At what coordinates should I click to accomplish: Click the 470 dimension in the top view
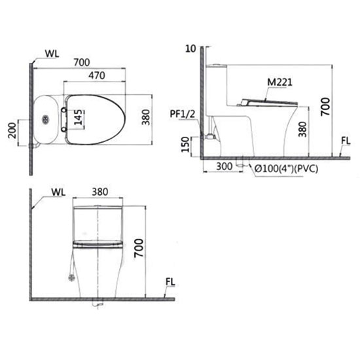pos(97,75)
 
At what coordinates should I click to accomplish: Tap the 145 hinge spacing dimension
pos(79,117)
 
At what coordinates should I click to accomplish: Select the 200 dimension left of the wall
pos(12,130)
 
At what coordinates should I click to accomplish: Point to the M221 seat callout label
pos(280,82)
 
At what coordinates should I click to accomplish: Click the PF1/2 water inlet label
pos(183,114)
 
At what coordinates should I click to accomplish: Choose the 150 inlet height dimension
pos(185,145)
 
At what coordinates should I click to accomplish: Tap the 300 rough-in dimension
pos(225,166)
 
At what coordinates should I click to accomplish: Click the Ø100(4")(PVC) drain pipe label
pos(287,169)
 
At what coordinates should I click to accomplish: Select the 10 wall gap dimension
pos(190,48)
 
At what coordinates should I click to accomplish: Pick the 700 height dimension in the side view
pos(325,107)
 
